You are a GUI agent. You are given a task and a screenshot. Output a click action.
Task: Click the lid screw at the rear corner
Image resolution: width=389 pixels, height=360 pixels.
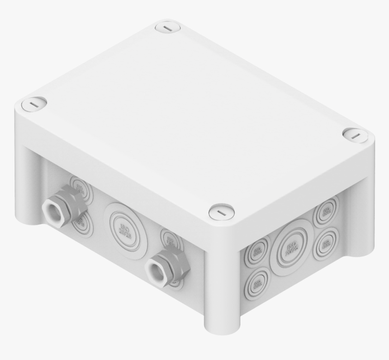click(x=168, y=27)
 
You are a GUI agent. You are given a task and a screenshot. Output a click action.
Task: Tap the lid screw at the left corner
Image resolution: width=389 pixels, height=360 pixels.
click(x=34, y=104)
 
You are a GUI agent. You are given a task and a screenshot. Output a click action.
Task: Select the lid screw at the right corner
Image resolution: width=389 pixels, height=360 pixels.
click(x=355, y=135)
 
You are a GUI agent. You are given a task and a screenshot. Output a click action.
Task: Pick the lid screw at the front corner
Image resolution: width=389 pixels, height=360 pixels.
click(x=222, y=212)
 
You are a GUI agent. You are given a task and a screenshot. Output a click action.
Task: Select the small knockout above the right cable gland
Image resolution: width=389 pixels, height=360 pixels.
click(x=170, y=238)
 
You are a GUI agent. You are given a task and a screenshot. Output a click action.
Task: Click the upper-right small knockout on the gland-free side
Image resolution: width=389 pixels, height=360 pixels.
click(x=327, y=210)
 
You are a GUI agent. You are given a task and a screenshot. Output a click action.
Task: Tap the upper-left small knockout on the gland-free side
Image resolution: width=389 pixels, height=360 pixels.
click(x=256, y=251)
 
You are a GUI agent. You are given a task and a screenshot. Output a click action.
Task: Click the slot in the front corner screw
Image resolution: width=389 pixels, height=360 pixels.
click(x=222, y=212)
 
